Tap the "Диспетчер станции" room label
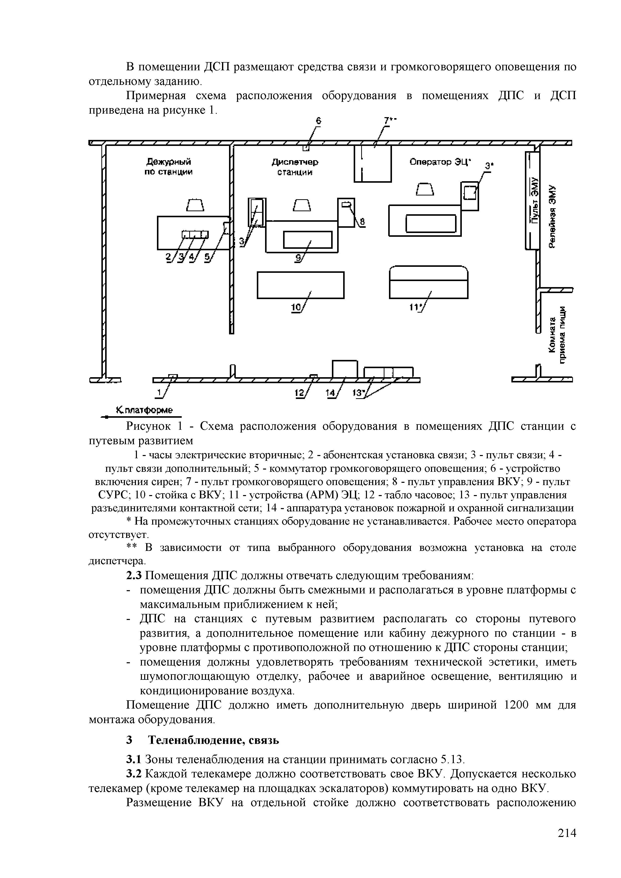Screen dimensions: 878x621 point(295,167)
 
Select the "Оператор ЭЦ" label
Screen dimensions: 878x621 point(440,162)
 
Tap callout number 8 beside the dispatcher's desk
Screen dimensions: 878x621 point(362,222)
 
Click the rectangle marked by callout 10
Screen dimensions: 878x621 point(301,285)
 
